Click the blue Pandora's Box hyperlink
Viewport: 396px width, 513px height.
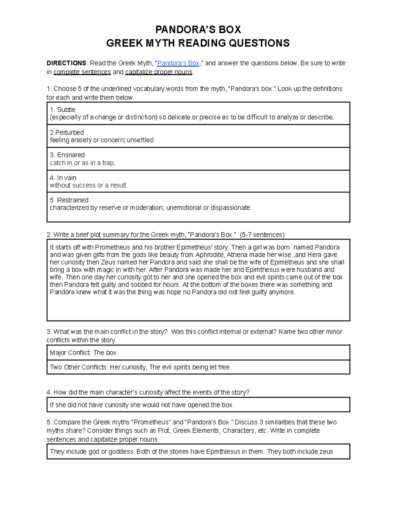[178, 63]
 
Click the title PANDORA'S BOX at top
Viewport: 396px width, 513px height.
[198, 30]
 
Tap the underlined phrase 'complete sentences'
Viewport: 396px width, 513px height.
[82, 72]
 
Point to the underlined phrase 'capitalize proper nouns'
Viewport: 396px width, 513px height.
[159, 72]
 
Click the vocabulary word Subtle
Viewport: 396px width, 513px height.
[66, 110]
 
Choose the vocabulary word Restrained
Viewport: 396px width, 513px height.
[73, 200]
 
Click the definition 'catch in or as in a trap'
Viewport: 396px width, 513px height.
[82, 163]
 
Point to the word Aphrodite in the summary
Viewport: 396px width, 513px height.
[209, 255]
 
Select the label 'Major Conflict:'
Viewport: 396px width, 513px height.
[70, 353]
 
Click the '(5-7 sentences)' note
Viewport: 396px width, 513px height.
[262, 235]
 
